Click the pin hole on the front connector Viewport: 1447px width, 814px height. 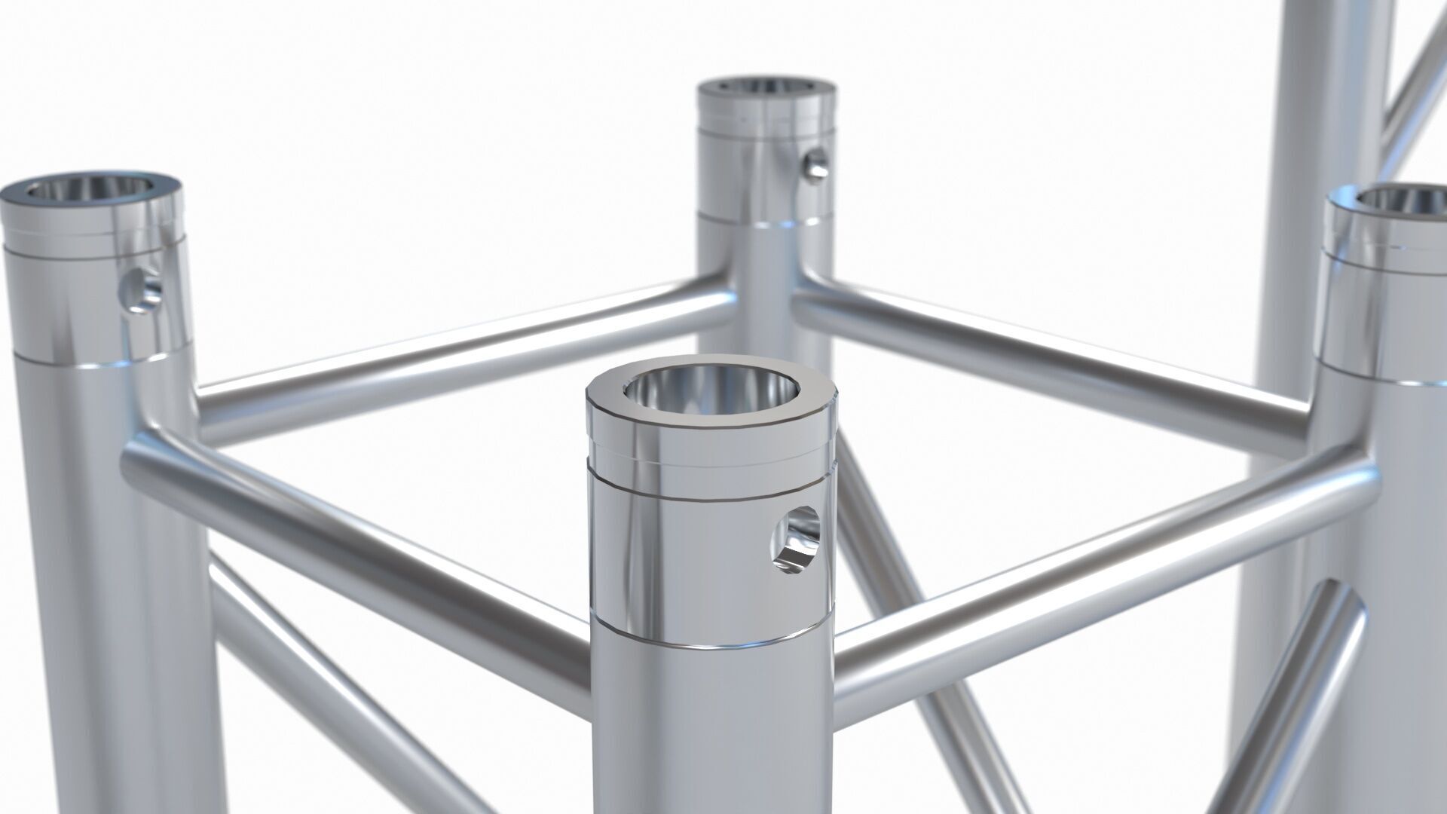click(796, 538)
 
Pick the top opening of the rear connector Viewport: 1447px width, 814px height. click(766, 84)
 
